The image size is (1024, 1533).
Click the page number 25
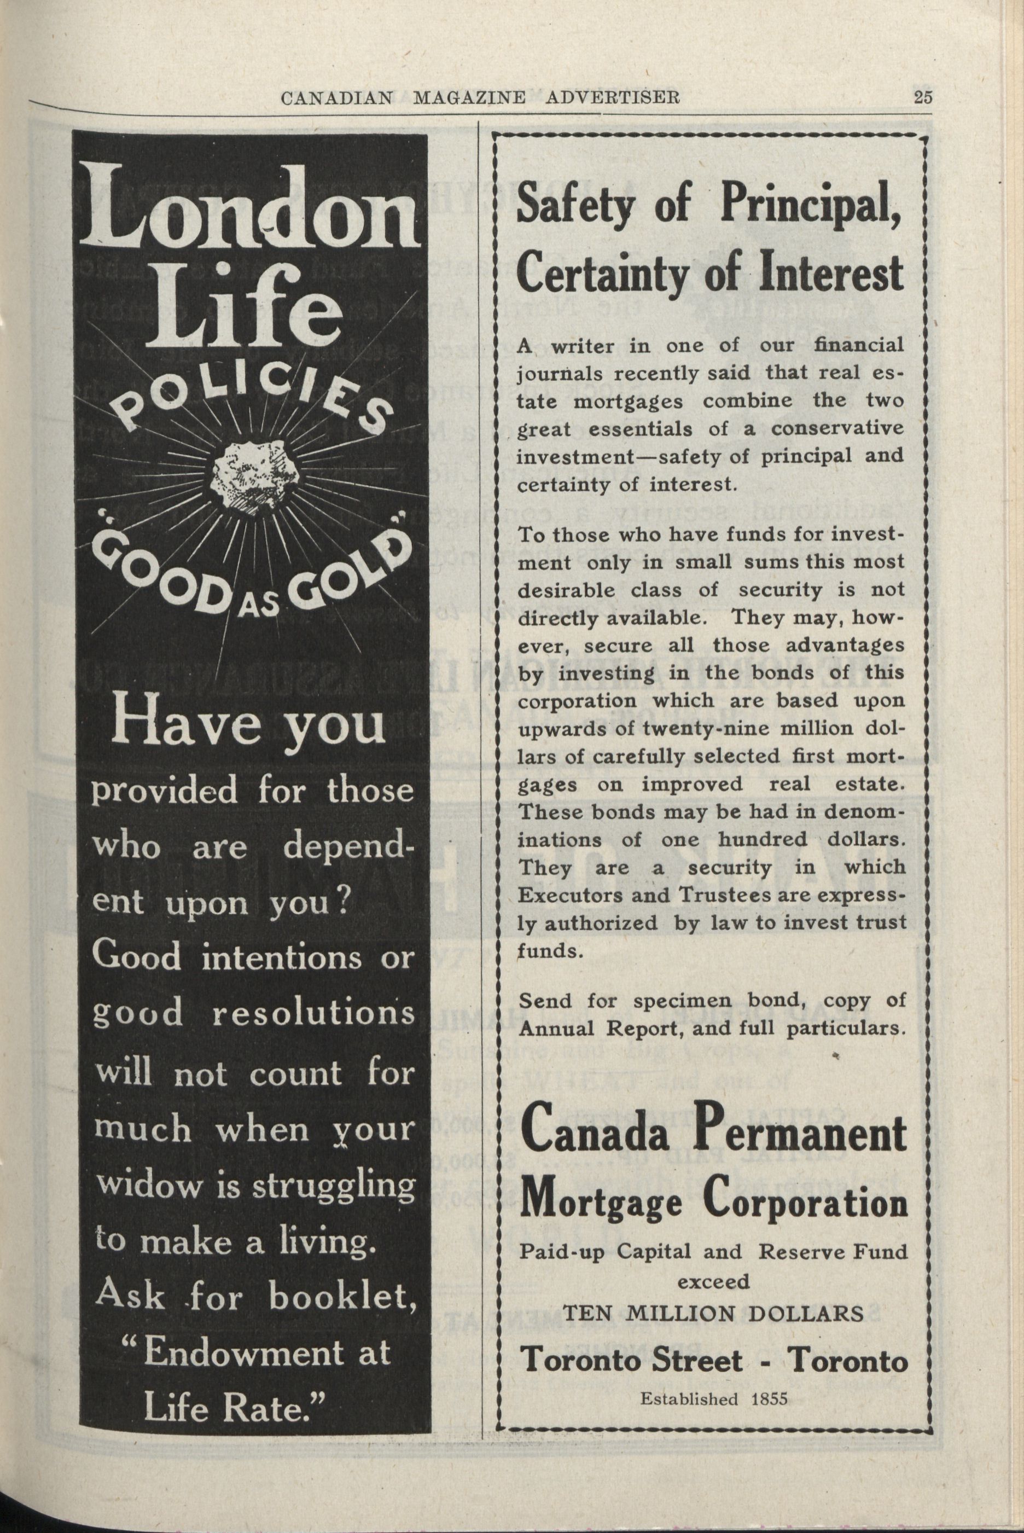923,97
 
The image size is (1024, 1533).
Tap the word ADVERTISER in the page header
613,98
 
